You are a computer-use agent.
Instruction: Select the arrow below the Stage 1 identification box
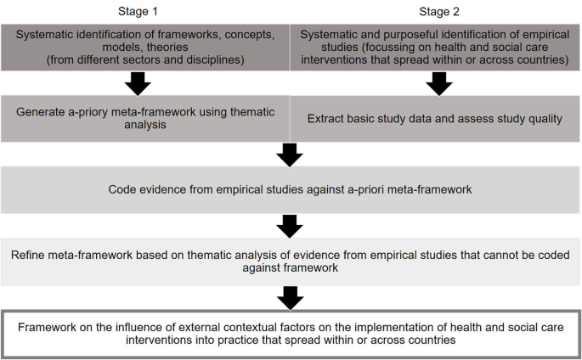tap(138, 83)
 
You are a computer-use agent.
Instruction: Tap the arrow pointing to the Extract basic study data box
tap(439, 83)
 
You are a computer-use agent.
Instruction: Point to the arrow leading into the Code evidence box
tap(291, 155)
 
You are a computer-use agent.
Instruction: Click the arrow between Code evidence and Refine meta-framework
tap(291, 225)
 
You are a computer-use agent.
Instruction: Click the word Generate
tap(69, 110)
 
